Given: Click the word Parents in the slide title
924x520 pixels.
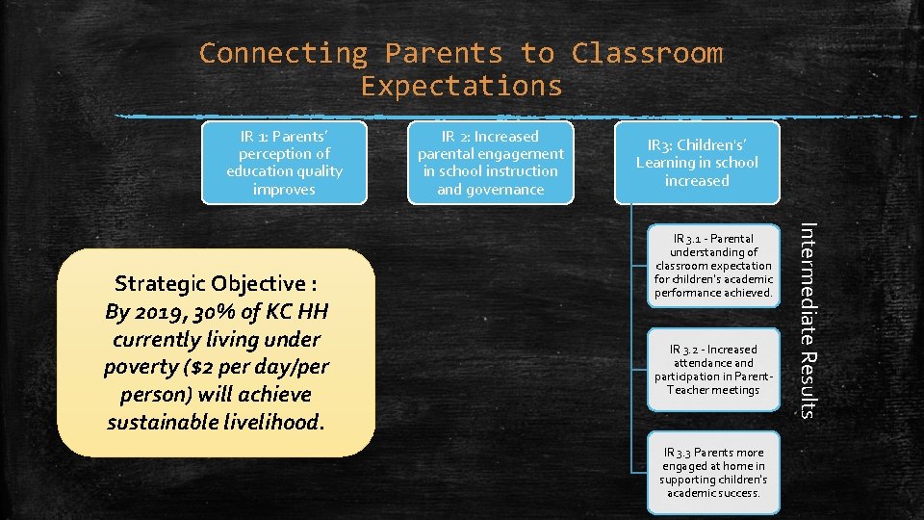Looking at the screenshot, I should click(x=444, y=53).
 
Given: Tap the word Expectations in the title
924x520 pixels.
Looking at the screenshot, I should click(x=461, y=87).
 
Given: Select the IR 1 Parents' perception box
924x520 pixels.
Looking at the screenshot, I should click(x=284, y=163).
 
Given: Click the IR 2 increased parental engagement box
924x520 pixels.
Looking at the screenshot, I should click(x=490, y=163).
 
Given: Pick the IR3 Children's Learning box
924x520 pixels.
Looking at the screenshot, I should click(x=697, y=163).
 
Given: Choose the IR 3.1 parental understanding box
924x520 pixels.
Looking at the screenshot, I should click(x=713, y=265).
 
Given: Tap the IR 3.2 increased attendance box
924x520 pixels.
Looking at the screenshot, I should click(x=713, y=370).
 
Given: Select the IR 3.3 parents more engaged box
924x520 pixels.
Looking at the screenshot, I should click(x=713, y=472).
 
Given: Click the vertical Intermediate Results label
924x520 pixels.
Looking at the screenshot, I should click(x=808, y=320).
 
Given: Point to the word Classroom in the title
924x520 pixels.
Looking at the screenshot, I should click(x=647, y=53).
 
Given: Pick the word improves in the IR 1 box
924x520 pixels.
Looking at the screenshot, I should click(x=284, y=190).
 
